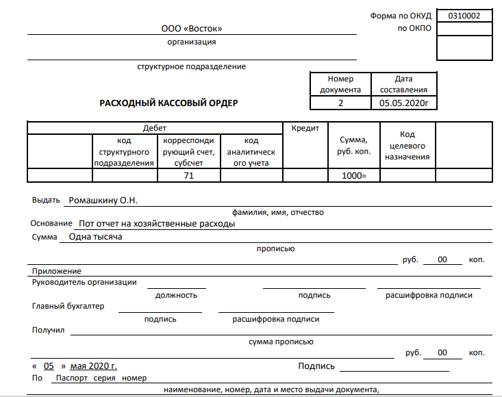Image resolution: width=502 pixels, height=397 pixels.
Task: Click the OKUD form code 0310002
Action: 464,16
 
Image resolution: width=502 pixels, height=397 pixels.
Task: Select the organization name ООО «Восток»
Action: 192,29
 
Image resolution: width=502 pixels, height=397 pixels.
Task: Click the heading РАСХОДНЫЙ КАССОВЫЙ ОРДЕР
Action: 168,103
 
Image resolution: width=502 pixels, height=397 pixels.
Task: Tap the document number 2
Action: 340,103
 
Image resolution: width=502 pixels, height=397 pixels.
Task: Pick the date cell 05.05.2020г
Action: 403,103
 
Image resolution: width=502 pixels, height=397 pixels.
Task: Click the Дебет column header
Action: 155,128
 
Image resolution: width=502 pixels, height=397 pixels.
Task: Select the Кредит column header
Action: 305,128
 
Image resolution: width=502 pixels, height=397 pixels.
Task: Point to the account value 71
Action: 188,176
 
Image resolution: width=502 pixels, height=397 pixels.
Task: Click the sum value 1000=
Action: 354,176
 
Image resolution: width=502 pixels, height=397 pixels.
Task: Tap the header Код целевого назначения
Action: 407,146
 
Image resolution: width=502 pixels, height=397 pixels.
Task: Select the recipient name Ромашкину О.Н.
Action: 103,201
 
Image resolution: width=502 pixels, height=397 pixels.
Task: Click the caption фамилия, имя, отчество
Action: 278,212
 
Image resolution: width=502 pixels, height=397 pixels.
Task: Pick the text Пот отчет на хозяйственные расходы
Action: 157,224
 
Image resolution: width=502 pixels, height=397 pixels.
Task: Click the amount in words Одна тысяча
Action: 95,237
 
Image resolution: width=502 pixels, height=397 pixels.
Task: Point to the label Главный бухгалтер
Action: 68,306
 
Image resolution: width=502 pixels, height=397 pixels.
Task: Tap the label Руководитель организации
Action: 84,282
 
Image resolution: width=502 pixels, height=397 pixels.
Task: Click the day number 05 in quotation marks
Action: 49,366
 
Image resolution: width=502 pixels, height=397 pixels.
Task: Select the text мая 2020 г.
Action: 94,366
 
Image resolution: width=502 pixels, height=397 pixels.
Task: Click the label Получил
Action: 48,330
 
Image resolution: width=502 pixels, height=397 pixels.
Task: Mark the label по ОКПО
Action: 414,28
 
